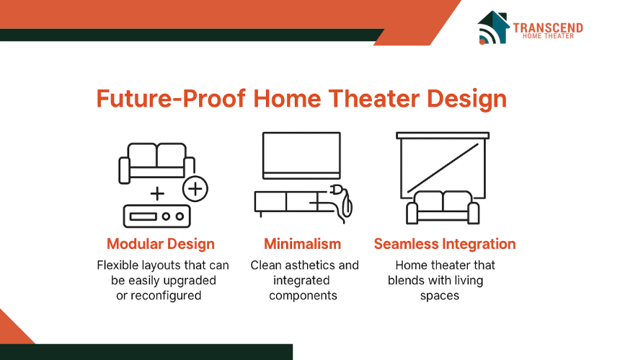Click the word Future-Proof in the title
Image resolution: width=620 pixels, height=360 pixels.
coord(171,99)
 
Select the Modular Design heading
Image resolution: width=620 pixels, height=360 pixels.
coord(161,244)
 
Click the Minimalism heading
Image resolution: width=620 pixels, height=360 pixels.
coord(303,244)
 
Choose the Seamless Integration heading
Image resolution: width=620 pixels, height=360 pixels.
coord(445,244)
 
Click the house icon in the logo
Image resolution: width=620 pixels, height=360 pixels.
coord(493,27)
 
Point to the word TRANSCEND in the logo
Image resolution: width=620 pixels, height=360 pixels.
coord(548,27)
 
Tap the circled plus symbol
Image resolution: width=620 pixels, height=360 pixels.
coord(195,189)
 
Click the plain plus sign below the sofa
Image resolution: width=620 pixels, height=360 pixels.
coord(157,193)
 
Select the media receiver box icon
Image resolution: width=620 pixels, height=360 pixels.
coord(157,216)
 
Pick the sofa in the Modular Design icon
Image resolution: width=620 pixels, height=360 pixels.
coord(157,163)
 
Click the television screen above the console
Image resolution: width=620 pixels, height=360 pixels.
coord(301,156)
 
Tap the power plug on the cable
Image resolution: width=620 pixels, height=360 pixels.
coord(336,190)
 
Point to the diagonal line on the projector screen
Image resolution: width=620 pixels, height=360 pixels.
coord(443,168)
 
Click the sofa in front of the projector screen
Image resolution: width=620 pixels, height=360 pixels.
coord(443,208)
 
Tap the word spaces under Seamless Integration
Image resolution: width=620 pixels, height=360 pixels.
coord(440,297)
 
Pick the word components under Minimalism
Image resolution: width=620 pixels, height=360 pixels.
coord(303,297)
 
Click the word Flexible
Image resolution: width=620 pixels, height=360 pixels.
coord(117,265)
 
